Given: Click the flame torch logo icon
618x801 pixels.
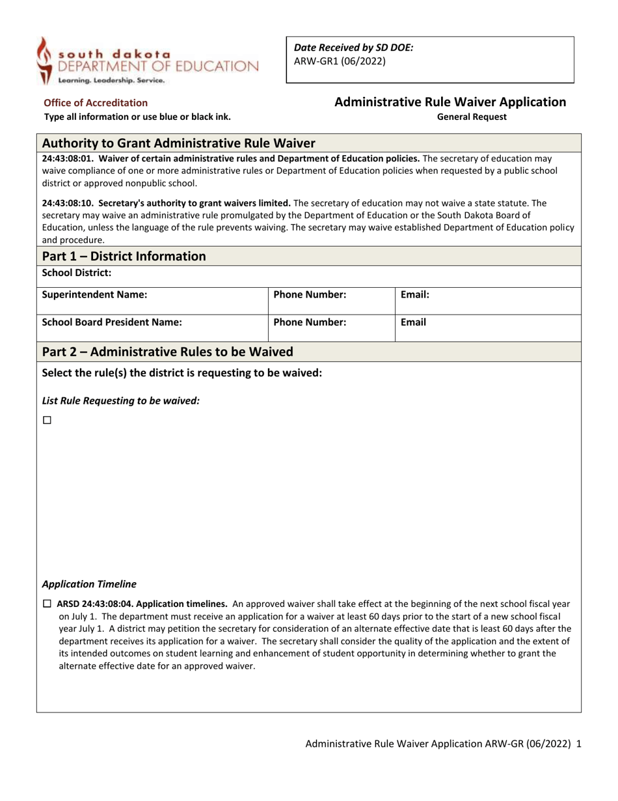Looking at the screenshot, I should (x=44, y=60).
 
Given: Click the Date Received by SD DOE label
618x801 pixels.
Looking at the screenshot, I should (x=354, y=48).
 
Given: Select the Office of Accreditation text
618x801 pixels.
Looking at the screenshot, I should (x=96, y=102).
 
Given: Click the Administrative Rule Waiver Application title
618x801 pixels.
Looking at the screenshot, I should (x=450, y=102).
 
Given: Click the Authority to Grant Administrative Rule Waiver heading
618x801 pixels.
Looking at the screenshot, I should (x=179, y=143).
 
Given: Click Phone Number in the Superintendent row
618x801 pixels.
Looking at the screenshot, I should (x=310, y=294).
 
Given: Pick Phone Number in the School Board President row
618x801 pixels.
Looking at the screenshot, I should (x=310, y=322).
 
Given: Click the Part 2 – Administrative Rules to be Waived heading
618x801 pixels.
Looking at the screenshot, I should (x=167, y=352).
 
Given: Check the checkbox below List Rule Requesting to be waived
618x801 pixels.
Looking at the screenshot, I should (x=47, y=421).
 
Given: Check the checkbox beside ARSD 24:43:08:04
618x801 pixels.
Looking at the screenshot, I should (x=47, y=603).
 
